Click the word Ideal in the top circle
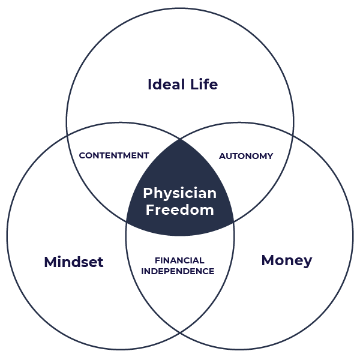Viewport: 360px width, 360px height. tap(163, 85)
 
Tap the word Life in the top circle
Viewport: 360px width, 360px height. tap(202, 85)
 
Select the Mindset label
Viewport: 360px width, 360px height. tap(74, 262)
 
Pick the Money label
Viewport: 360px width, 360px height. tap(287, 260)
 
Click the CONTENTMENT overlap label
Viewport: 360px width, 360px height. tap(114, 155)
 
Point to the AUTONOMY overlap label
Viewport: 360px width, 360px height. tap(245, 156)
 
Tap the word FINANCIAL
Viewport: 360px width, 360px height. tap(179, 260)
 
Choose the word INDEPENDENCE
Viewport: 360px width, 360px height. tap(178, 271)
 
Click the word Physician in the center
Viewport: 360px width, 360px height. tap(179, 194)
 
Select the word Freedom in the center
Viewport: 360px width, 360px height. tap(179, 210)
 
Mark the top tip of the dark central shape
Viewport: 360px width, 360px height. tap(180, 138)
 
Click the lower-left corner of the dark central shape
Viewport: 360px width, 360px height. tap(126, 221)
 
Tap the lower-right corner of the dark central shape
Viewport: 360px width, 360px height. tap(234, 221)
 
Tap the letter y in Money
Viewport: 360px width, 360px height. tap(307, 262)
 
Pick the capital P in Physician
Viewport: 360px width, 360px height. tap(147, 193)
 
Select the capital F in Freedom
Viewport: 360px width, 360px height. tap(150, 210)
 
